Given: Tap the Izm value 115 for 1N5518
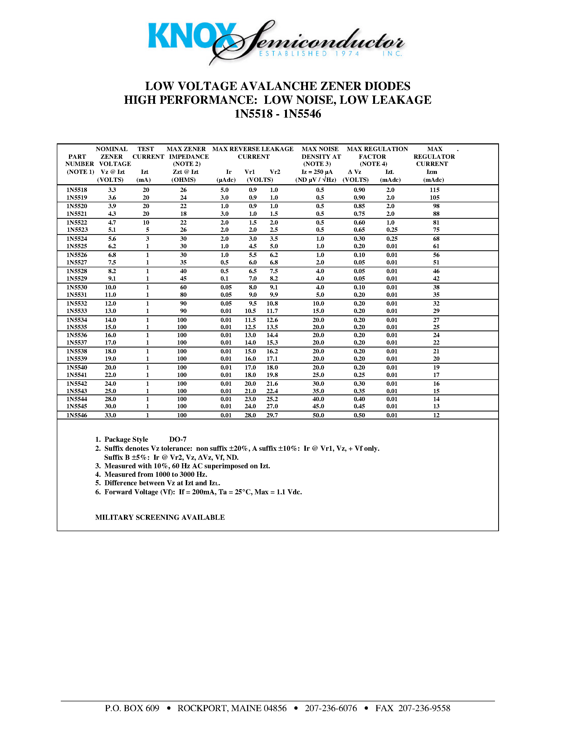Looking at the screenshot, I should point(434,190).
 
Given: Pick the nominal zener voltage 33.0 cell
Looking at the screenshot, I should point(110,415).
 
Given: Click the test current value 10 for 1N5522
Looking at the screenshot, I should point(146,223).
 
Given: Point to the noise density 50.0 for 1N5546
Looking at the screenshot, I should point(318,415).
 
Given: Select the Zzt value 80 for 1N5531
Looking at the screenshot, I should point(183,295).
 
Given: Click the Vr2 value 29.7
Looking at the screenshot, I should point(272,415).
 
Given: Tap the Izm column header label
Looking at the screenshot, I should point(432,172).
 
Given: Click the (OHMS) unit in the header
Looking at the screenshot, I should point(183,180).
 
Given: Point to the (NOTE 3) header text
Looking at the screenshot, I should point(317,164).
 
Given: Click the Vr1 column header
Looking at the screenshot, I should point(249,172).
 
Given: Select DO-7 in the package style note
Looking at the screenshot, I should point(178,440).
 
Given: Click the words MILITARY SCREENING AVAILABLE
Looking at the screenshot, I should point(160,517).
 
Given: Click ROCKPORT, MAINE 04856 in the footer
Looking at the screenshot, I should point(232,708).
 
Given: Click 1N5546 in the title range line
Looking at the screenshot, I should point(302,114).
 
